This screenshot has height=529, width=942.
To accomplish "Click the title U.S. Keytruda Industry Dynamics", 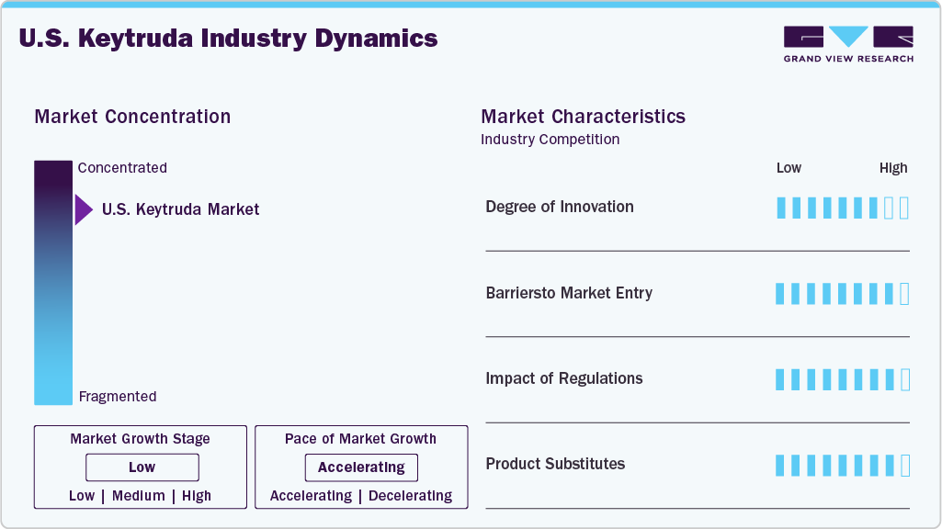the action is coord(228,39).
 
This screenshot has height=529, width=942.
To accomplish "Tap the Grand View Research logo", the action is coord(848,44).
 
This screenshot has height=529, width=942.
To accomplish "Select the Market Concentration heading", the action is coord(132,117).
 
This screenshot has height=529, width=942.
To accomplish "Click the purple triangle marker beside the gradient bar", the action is coord(84,209).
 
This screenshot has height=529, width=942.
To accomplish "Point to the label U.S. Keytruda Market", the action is coord(180,209).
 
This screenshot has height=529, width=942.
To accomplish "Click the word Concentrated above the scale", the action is coord(122,167).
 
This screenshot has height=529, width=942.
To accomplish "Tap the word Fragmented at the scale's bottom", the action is coord(117,397).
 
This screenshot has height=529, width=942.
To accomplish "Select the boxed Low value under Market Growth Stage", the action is coord(142,467).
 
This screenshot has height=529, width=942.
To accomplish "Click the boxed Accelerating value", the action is coord(361,467).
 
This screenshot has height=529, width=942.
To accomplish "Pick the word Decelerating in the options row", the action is coord(410,496).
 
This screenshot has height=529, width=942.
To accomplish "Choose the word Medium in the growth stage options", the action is coord(138,496).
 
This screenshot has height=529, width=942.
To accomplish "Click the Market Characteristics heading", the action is coord(583,117).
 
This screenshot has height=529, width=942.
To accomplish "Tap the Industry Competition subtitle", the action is coord(550,140).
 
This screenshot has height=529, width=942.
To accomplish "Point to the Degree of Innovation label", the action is coord(560,207).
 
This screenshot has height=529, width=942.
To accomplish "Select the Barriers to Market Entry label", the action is coord(569,293).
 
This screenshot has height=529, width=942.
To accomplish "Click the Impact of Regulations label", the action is coord(564,378).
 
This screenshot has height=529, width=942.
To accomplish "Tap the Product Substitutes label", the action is coord(555,464).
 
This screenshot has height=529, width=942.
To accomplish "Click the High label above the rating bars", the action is coord(893,168).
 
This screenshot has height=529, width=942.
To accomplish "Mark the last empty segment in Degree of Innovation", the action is coord(904,208).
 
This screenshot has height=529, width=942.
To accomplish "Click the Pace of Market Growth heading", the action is coord(360,439).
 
